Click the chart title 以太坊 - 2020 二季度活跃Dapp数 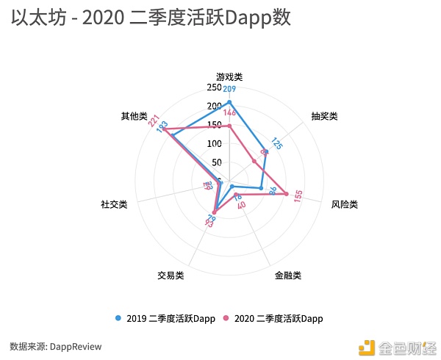tap(151, 18)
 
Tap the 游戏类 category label tap(229, 76)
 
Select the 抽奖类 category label tap(324, 116)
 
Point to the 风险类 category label tap(344, 204)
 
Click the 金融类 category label tap(288, 276)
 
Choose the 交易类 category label tap(171, 276)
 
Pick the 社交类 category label tap(114, 204)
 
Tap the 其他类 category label tap(135, 116)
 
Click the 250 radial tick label tap(214, 87)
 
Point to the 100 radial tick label tap(214, 144)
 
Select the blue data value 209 tap(229, 90)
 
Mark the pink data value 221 tap(154, 121)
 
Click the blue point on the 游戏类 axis tap(229, 102)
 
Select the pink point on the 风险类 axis tap(287, 194)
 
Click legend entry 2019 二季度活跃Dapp tap(165, 319)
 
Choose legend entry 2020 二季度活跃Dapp tap(273, 319)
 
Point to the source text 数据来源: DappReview tap(56, 346)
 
